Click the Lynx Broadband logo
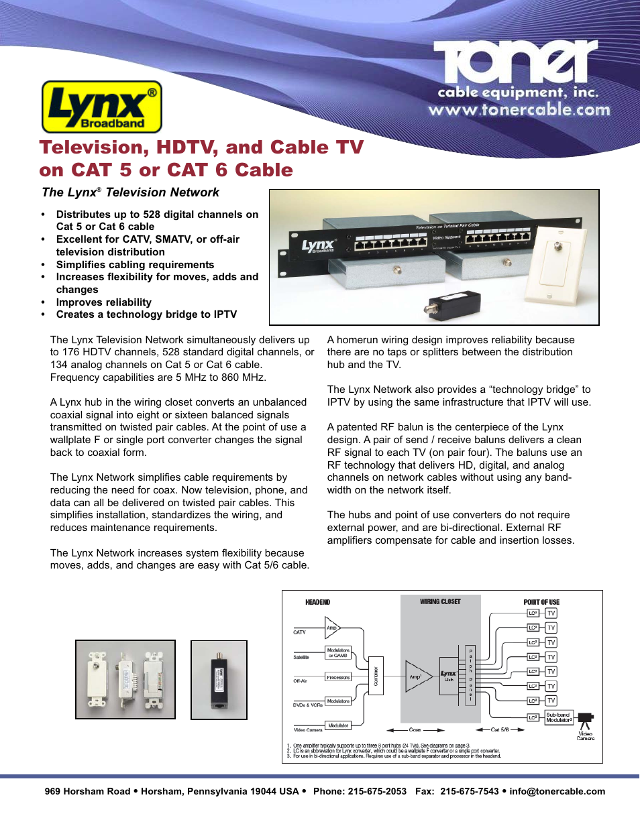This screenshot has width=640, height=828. pos(102,107)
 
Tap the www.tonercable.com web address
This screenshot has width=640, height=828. pos(519,110)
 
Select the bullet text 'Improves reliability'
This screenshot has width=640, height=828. pos(104,302)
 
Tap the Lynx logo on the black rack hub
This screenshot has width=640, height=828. pos(317,246)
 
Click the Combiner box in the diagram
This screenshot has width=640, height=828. pos(376,676)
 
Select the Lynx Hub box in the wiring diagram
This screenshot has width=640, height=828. pos(448,676)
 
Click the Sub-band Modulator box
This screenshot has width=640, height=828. pos(559,717)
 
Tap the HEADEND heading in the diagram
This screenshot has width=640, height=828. pos(317,602)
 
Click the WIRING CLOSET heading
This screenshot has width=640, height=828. pos(440,601)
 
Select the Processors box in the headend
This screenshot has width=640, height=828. pos(338,677)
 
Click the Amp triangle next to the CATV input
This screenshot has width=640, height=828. pos(332,628)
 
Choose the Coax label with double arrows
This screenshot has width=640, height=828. pos(415,730)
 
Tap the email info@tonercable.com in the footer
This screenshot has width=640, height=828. pos(557,792)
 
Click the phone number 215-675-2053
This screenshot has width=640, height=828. pos(377,792)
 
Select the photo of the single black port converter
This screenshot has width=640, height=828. pos(219,680)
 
